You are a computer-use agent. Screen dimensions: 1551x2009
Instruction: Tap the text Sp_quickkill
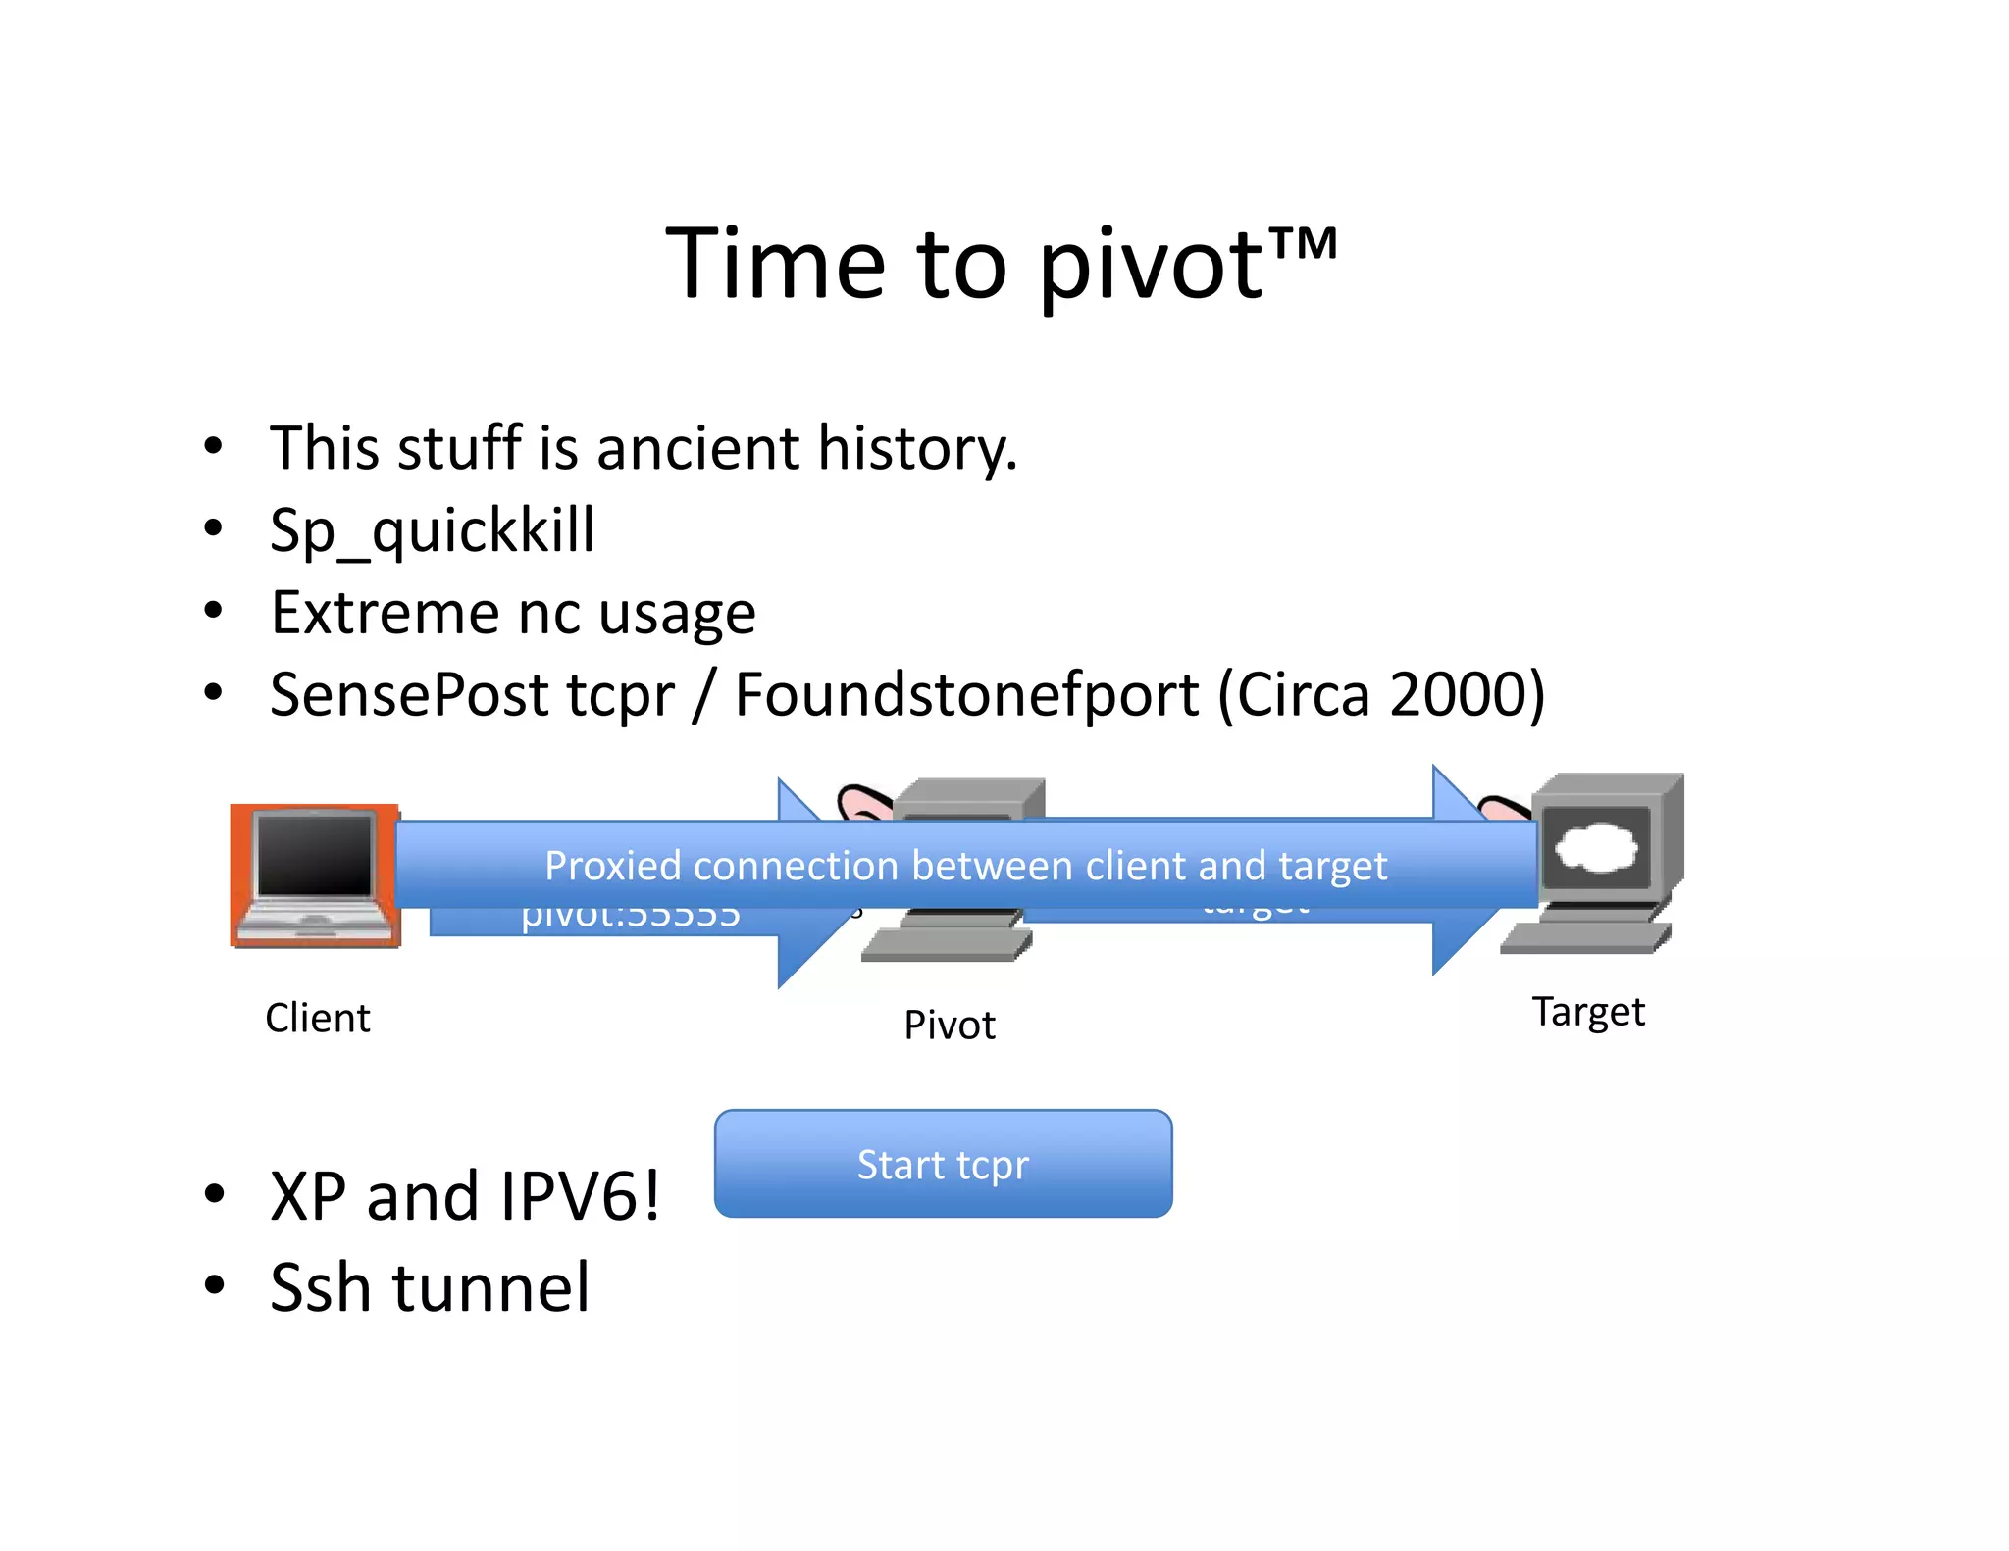pos(432,531)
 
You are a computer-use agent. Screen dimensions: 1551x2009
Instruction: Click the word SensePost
pos(409,695)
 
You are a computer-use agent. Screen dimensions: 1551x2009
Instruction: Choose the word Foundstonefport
pos(966,695)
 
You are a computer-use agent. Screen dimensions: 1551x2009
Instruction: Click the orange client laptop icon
pos(315,876)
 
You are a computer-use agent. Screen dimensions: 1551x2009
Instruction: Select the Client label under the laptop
pos(318,1018)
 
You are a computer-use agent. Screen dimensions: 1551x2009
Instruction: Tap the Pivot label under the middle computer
pos(949,1026)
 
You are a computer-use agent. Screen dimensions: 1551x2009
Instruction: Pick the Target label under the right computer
pos(1588,1012)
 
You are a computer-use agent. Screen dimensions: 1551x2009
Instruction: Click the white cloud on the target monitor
pos(1596,846)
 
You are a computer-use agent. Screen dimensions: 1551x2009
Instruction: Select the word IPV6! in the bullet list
pos(580,1197)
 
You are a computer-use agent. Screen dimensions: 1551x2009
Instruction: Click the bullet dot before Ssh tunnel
pos(214,1284)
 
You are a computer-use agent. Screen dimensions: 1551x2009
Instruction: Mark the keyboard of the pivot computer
pos(946,945)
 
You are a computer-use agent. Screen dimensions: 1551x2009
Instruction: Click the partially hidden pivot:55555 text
pos(630,918)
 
